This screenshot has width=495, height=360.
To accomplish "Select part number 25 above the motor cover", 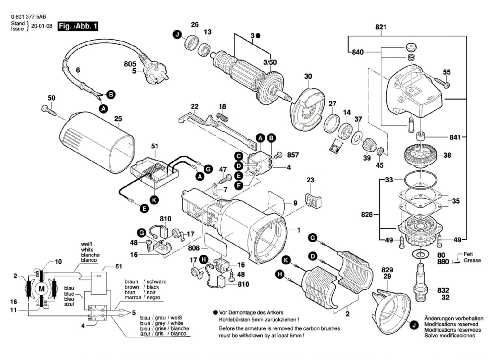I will pyautogui.click(x=118, y=118).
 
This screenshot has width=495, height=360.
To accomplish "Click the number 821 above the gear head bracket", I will pyautogui.click(x=381, y=27).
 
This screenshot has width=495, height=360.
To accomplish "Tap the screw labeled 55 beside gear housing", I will pyautogui.click(x=442, y=83).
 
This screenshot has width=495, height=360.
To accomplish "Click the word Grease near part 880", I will pyautogui.click(x=472, y=260).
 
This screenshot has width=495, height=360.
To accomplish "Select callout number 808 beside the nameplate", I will pyautogui.click(x=194, y=248).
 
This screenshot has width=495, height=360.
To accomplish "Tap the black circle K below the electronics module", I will pyautogui.click(x=154, y=200).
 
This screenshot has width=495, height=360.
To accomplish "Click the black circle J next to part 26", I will pyautogui.click(x=177, y=35).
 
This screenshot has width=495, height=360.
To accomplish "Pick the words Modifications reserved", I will pyautogui.click(x=451, y=324).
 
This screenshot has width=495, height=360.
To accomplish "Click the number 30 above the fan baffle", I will pyautogui.click(x=308, y=76).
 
